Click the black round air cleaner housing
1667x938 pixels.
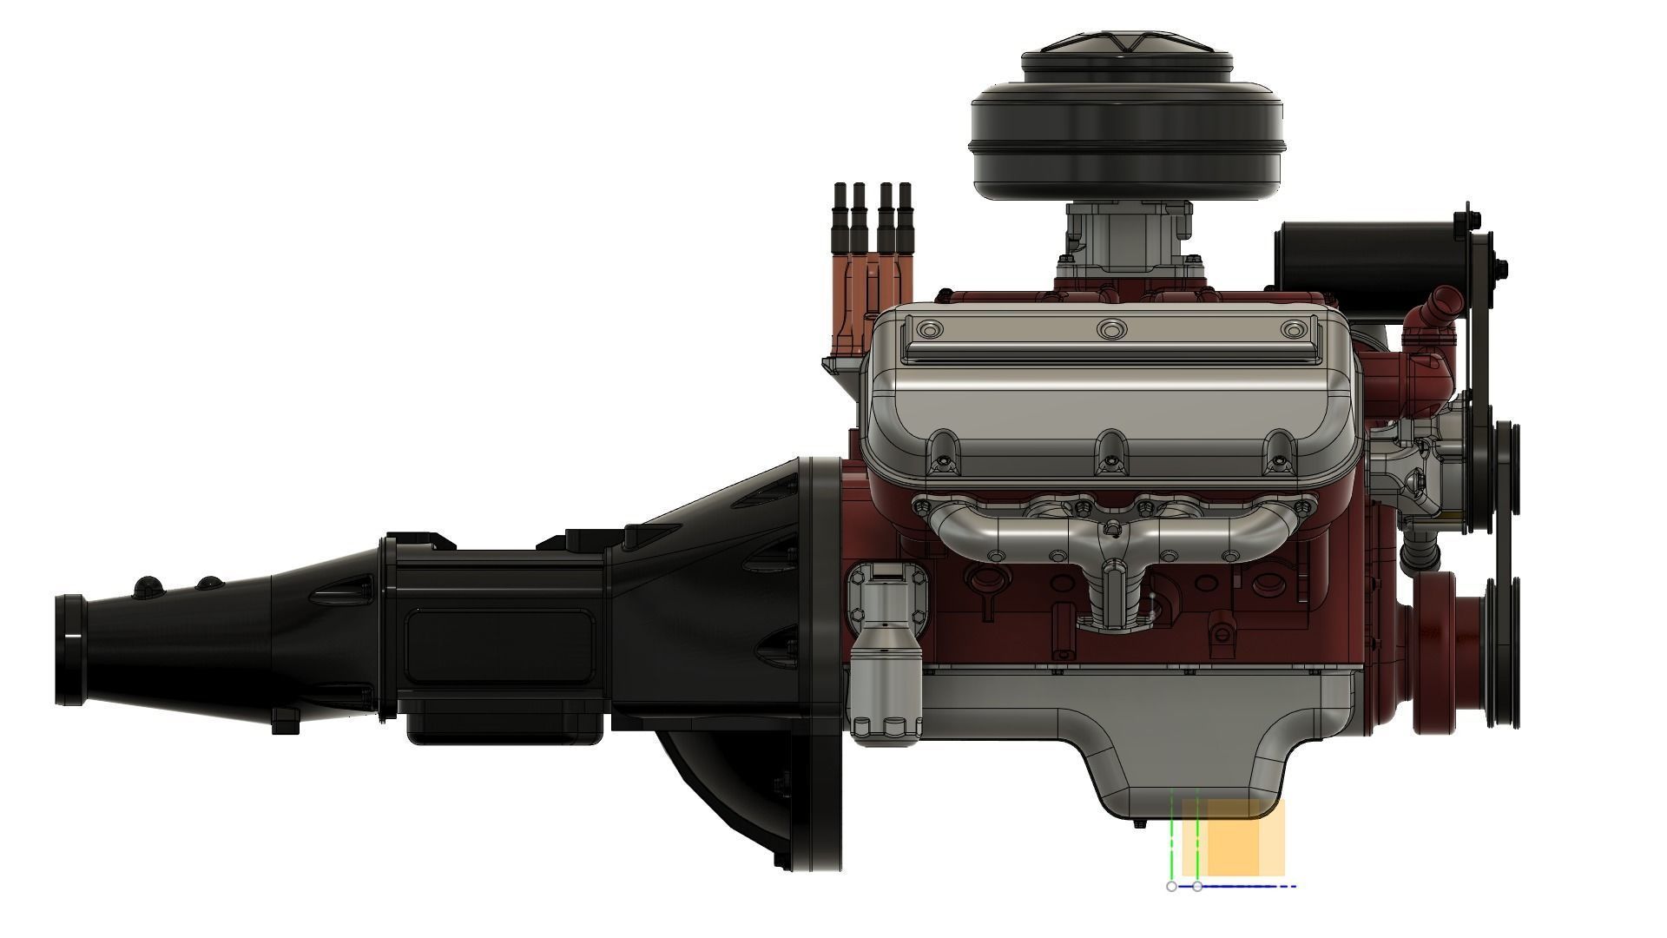coord(1126,139)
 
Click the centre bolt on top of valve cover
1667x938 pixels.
coord(1111,329)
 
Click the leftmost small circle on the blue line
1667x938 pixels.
coord(1171,887)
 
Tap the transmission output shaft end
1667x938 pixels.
coord(69,650)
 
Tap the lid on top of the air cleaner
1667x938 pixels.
coord(1126,48)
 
